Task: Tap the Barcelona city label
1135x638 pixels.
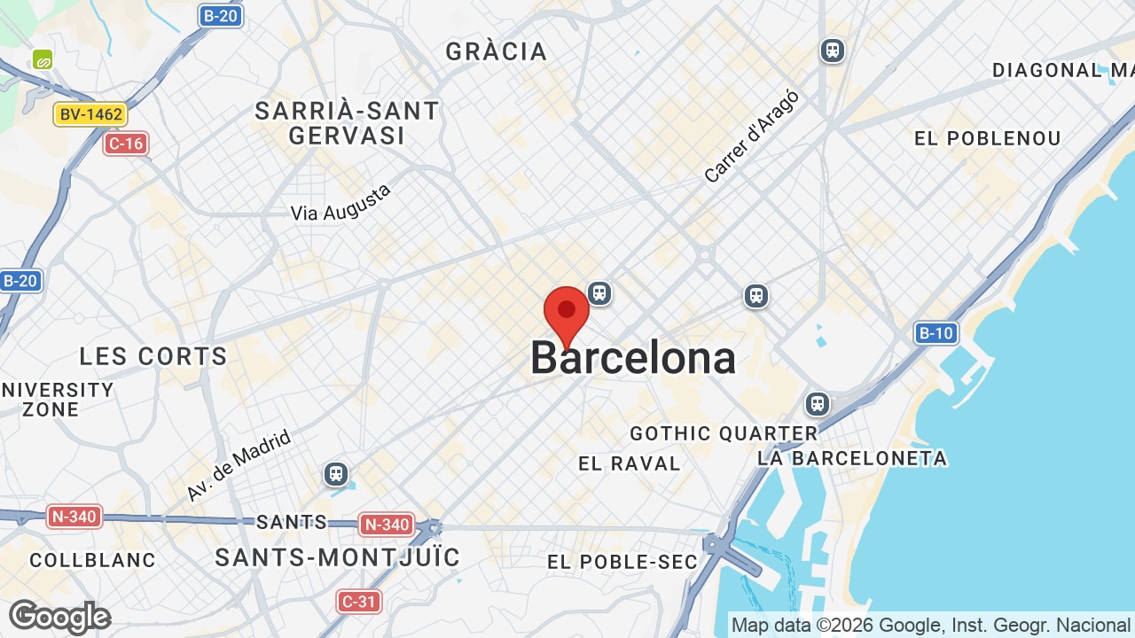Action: pyautogui.click(x=633, y=358)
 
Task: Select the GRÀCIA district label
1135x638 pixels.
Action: pyautogui.click(x=497, y=51)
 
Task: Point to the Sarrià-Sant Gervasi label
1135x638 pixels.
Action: pyautogui.click(x=347, y=123)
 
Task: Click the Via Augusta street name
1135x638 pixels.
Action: pyautogui.click(x=341, y=203)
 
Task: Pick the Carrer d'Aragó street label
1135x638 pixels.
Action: pyautogui.click(x=752, y=136)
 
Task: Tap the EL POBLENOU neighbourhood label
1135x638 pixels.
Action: pyautogui.click(x=988, y=138)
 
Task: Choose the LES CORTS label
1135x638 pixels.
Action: pyautogui.click(x=153, y=356)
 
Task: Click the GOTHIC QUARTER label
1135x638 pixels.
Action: pyautogui.click(x=724, y=433)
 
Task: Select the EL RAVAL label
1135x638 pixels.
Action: pyautogui.click(x=630, y=463)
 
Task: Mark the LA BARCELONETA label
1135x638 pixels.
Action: pyautogui.click(x=852, y=458)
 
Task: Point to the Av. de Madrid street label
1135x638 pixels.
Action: pyautogui.click(x=239, y=466)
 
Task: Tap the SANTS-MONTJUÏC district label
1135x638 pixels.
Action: pyautogui.click(x=338, y=557)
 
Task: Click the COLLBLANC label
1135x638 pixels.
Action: pyautogui.click(x=92, y=560)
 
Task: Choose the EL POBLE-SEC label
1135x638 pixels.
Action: pyautogui.click(x=622, y=562)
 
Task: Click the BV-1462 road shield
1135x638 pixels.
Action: pyautogui.click(x=90, y=114)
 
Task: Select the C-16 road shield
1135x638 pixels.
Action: pyautogui.click(x=125, y=144)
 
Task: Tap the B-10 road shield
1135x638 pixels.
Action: pyautogui.click(x=936, y=333)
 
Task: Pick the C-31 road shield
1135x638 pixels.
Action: pyautogui.click(x=359, y=602)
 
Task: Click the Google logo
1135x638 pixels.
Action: pyautogui.click(x=59, y=617)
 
